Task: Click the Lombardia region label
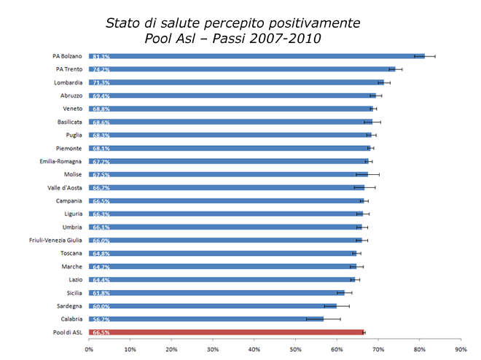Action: pos(68,82)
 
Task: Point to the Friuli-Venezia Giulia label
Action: pos(51,240)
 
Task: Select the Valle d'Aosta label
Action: pos(65,187)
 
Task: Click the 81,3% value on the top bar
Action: pos(101,56)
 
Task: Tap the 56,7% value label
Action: pos(101,319)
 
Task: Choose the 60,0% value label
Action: pos(101,306)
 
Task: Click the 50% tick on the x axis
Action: pos(295,350)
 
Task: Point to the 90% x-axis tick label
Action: pos(461,350)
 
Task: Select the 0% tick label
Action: pos(89,350)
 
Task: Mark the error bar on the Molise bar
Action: pos(367,174)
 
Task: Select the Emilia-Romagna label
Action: pos(61,161)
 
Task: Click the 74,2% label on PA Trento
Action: pos(101,69)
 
